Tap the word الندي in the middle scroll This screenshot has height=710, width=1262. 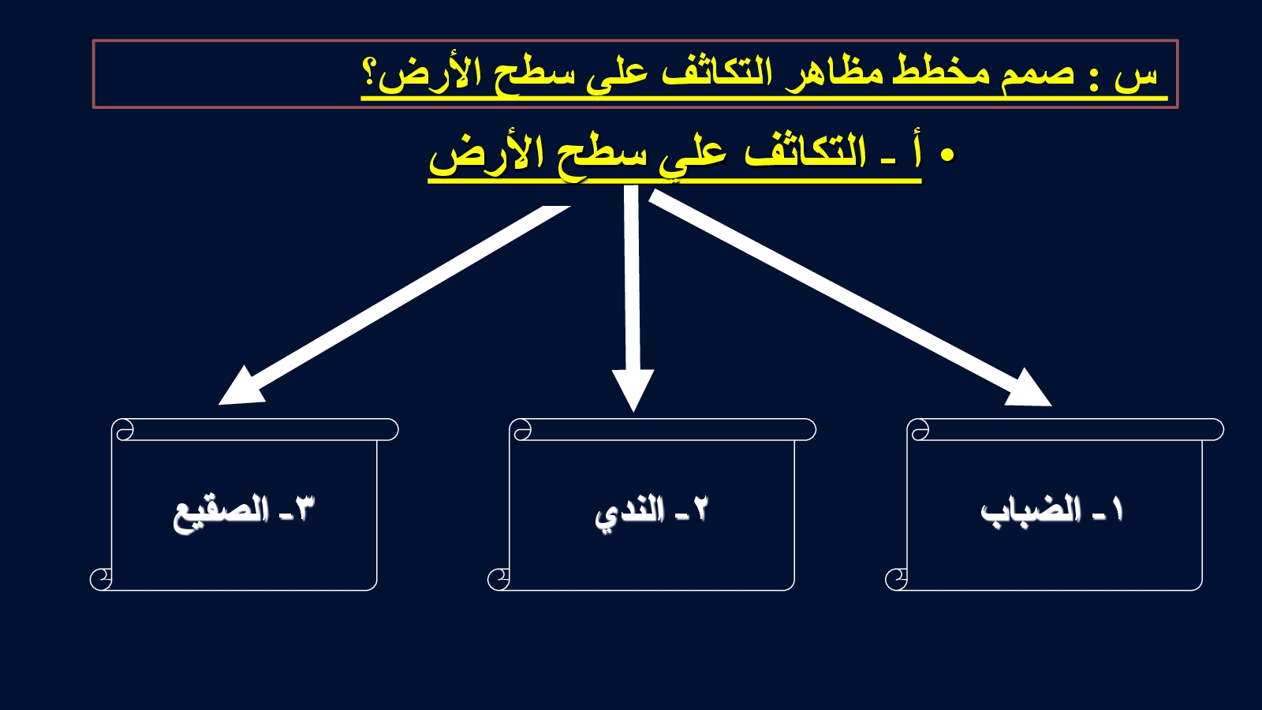(630, 514)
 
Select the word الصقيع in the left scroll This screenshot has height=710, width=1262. (220, 514)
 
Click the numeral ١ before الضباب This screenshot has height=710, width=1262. (1117, 510)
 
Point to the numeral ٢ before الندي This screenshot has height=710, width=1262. (699, 510)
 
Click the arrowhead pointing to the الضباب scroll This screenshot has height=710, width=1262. (1030, 389)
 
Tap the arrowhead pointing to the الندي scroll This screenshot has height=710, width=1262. (633, 390)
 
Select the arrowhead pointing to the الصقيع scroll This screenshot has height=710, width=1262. (240, 387)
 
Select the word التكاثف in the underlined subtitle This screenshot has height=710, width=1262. (804, 151)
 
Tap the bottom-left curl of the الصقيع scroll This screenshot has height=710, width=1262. (101, 579)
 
